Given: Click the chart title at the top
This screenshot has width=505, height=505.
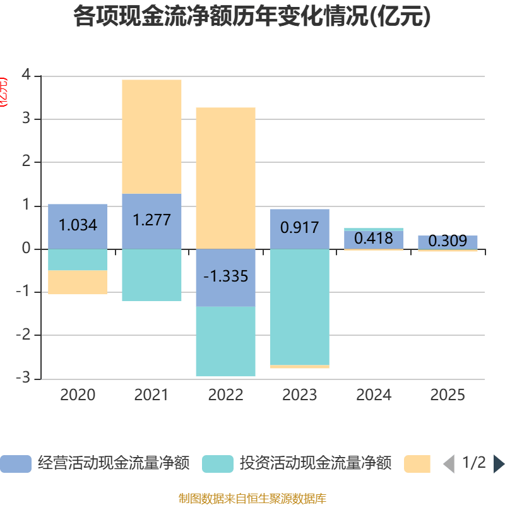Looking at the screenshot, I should click(252, 17).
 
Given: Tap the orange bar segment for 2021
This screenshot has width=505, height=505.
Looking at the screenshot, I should click(151, 136).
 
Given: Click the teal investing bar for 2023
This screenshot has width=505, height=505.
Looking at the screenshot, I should click(299, 307).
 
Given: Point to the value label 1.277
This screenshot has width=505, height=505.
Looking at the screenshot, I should click(151, 220).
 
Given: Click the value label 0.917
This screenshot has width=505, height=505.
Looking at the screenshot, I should click(299, 227).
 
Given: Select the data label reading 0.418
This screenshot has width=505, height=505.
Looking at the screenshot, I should click(373, 239).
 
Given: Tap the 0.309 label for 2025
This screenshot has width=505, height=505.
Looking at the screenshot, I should click(448, 241).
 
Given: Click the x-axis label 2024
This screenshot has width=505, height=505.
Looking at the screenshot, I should click(374, 395).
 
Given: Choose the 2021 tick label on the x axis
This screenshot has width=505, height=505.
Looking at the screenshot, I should click(151, 395).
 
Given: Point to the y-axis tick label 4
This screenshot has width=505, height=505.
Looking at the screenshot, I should click(26, 74).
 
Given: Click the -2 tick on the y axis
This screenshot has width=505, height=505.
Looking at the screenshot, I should click(23, 335).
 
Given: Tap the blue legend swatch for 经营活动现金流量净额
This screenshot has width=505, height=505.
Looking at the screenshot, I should click(16, 464).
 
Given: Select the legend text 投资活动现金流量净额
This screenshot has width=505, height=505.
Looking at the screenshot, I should click(316, 464).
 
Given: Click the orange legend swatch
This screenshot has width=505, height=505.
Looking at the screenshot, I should click(417, 464).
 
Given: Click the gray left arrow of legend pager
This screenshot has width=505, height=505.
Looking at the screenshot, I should click(449, 464).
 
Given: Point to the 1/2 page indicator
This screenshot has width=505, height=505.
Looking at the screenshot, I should click(474, 463).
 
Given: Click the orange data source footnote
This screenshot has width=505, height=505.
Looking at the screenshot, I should click(252, 498).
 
